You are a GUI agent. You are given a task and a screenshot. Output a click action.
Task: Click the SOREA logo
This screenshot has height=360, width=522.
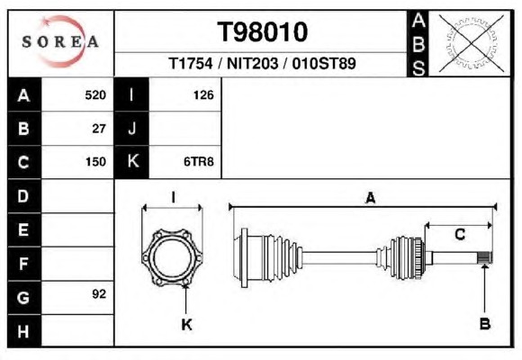click(x=60, y=41)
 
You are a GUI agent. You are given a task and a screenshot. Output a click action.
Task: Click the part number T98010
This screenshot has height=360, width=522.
click(x=262, y=32)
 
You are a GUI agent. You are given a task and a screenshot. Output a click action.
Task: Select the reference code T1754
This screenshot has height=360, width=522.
click(x=191, y=63)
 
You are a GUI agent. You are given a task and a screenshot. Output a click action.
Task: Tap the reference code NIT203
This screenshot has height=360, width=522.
click(x=252, y=63)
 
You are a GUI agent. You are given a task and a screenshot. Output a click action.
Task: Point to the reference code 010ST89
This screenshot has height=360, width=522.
click(x=324, y=63)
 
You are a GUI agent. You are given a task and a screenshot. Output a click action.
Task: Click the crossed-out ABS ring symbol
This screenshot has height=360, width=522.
click(x=471, y=43)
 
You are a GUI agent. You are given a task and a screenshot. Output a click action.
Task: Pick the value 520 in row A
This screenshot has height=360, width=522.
click(x=95, y=95)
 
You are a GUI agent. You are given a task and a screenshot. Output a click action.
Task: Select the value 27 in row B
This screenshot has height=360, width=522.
click(x=99, y=129)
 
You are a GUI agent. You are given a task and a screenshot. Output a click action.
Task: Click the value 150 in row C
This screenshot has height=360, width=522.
click(x=95, y=162)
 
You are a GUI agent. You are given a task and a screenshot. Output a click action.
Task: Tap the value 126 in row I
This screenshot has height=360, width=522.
click(x=203, y=95)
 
